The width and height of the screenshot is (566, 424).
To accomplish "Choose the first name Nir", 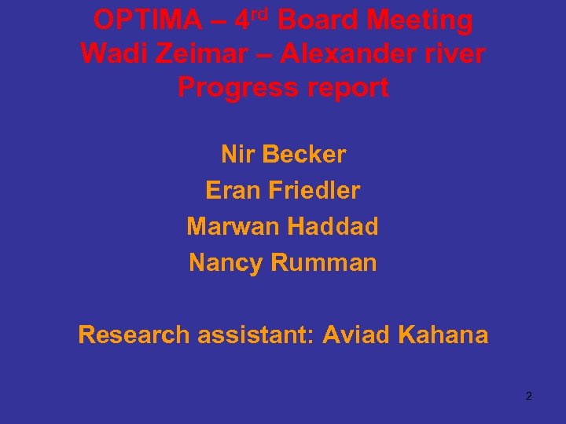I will click(x=237, y=155).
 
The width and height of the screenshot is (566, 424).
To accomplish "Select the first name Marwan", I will click(x=233, y=227).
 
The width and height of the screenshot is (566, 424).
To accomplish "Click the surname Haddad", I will click(x=333, y=227).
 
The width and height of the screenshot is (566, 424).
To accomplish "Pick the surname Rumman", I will click(x=324, y=263).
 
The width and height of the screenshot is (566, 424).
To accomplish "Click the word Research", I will click(x=134, y=335).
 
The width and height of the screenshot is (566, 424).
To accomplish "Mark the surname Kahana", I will click(x=443, y=335).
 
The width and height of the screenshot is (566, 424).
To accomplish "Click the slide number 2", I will click(x=528, y=396).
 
